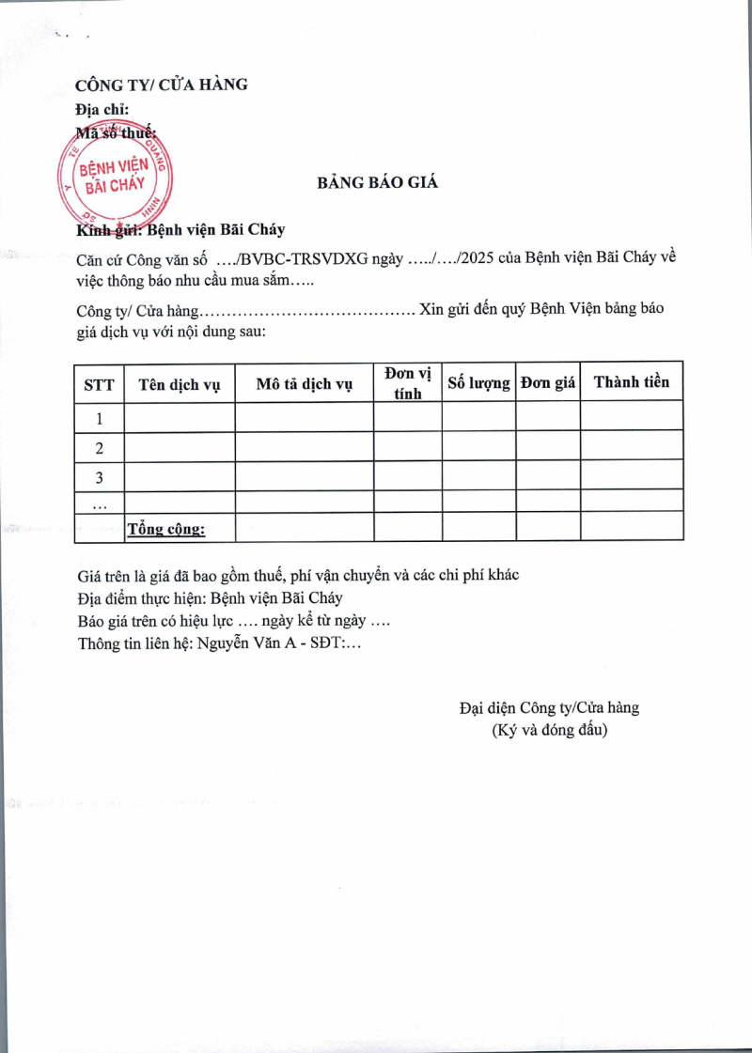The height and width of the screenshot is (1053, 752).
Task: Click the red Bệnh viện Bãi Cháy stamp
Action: (x=115, y=176)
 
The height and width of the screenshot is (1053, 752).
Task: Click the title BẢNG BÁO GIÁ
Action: (x=377, y=182)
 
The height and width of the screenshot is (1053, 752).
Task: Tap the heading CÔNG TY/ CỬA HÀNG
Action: (x=162, y=85)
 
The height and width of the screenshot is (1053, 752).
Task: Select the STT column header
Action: (x=99, y=383)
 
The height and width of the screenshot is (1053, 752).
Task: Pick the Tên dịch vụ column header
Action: (x=179, y=383)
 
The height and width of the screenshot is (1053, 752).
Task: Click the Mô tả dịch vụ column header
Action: (x=304, y=383)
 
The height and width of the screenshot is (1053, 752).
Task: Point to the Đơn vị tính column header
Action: (x=408, y=383)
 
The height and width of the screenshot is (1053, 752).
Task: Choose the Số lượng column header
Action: (x=478, y=383)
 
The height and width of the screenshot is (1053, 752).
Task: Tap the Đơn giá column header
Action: (x=548, y=383)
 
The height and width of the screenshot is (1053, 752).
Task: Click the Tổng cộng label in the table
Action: (x=166, y=530)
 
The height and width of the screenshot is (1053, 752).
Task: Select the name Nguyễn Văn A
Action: (x=245, y=643)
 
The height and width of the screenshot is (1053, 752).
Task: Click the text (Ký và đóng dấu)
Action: (x=550, y=729)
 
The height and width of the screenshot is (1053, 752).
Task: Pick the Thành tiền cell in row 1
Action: (x=631, y=416)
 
